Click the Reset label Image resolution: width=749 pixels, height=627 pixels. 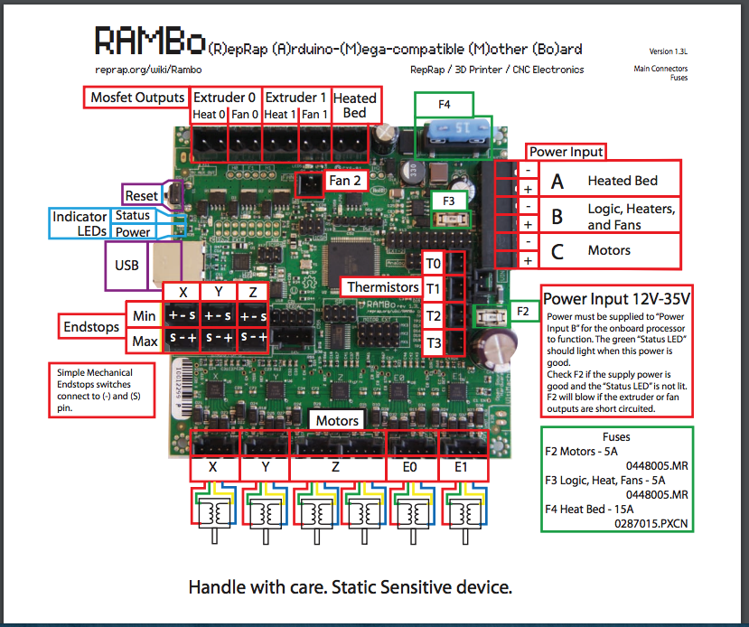click(x=142, y=195)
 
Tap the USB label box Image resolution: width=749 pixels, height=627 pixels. click(x=126, y=267)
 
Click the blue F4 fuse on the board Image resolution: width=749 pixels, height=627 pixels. click(x=444, y=132)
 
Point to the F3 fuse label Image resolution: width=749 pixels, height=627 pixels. click(x=448, y=200)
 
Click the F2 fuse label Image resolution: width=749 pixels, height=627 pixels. click(x=523, y=310)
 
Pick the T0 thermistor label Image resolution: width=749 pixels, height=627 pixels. click(x=434, y=264)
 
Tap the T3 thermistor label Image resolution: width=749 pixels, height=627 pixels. click(x=434, y=343)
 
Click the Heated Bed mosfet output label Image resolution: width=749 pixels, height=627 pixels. click(x=355, y=105)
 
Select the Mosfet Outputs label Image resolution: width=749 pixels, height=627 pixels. click(x=137, y=98)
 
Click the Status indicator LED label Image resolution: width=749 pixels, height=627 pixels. click(x=132, y=215)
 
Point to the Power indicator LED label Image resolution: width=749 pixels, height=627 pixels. click(x=132, y=232)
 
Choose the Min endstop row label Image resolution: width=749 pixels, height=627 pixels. click(x=144, y=315)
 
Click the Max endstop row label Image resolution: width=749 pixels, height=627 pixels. click(x=144, y=341)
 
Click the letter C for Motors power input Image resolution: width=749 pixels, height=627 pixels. click(x=557, y=251)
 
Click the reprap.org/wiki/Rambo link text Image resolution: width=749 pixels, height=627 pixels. click(x=147, y=70)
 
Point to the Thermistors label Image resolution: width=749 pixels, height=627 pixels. click(x=384, y=287)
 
